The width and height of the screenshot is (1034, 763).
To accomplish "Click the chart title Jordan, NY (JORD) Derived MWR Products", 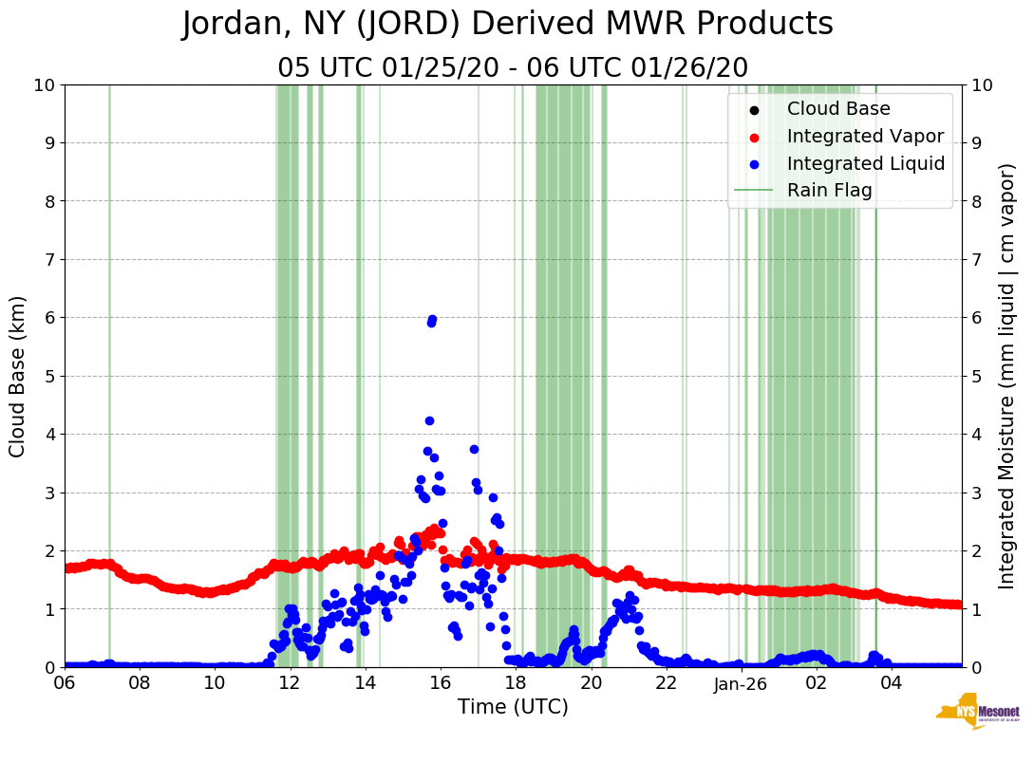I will pyautogui.click(x=508, y=24).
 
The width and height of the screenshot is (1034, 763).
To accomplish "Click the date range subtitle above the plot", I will pyautogui.click(x=513, y=68).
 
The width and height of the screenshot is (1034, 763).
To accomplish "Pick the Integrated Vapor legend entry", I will pyautogui.click(x=865, y=136).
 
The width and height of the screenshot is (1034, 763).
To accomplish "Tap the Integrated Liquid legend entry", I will pyautogui.click(x=865, y=163).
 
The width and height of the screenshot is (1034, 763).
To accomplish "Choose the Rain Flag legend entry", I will pyautogui.click(x=829, y=190).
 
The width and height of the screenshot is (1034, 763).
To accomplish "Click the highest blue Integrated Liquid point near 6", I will pyautogui.click(x=432, y=320).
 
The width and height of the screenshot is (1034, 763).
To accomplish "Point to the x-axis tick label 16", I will pyautogui.click(x=440, y=683).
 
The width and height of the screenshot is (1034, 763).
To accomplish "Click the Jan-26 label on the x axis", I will pyautogui.click(x=741, y=683).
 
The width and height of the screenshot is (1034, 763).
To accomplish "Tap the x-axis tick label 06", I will pyautogui.click(x=65, y=683).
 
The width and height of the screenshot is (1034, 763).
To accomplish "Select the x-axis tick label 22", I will pyautogui.click(x=666, y=683).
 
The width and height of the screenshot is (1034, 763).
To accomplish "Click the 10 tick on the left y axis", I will pyautogui.click(x=43, y=85).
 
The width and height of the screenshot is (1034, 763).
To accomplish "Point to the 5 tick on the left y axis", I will pyautogui.click(x=48, y=376).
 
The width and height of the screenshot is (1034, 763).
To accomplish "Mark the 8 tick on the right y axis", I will pyautogui.click(x=977, y=201).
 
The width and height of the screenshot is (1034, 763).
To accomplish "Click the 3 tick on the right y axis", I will pyautogui.click(x=977, y=493).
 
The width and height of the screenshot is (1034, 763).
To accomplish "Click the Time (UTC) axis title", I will pyautogui.click(x=513, y=707).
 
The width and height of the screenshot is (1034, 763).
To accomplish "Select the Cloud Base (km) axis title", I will pyautogui.click(x=18, y=376).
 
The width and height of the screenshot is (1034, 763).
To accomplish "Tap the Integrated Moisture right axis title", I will pyautogui.click(x=1007, y=376).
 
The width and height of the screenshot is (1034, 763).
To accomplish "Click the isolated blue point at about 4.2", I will pyautogui.click(x=429, y=420).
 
